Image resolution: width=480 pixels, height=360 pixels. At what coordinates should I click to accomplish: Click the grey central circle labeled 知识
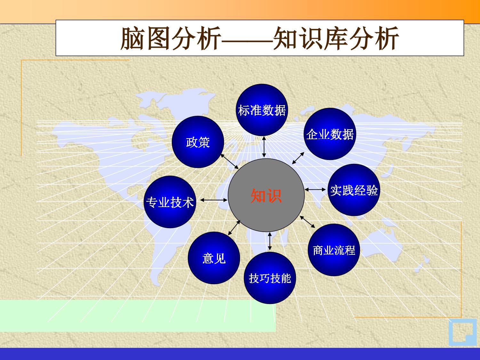click(x=266, y=195)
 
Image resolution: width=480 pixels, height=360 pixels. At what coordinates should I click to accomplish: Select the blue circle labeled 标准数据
click(x=262, y=110)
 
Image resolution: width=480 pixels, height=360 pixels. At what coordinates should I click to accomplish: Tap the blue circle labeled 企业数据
click(x=330, y=134)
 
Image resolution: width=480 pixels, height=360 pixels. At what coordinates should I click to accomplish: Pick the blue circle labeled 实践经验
click(x=354, y=190)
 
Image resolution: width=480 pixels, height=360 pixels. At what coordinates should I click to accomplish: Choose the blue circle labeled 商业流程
click(x=334, y=250)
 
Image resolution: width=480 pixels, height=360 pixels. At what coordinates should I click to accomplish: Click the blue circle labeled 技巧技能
click(x=270, y=278)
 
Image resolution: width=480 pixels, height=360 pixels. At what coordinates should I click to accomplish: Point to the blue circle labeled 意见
click(x=214, y=258)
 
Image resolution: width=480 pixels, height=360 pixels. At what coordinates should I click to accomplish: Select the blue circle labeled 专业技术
click(x=170, y=202)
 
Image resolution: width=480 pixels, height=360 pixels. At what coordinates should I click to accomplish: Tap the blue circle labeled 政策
click(x=198, y=142)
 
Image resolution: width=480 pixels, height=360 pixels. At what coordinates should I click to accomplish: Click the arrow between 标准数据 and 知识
click(x=264, y=147)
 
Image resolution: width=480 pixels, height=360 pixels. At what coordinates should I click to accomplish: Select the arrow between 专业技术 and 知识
click(x=213, y=200)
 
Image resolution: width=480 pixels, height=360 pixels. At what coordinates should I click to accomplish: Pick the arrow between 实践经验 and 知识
click(x=315, y=189)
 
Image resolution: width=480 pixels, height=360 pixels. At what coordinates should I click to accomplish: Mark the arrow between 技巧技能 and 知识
click(x=270, y=241)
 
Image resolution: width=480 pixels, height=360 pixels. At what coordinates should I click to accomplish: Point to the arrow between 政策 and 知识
click(x=229, y=161)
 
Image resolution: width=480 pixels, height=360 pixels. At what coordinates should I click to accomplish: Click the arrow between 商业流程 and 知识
click(x=308, y=222)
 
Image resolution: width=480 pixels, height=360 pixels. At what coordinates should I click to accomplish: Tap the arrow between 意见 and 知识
click(x=234, y=228)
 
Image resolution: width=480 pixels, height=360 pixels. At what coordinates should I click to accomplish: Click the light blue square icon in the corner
click(x=462, y=332)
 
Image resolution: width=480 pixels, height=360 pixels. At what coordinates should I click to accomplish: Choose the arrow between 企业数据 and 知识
click(x=298, y=158)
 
